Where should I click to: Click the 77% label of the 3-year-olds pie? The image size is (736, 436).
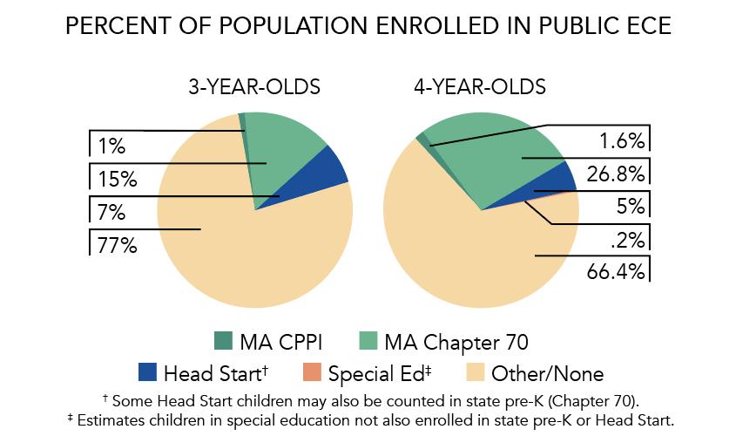117,245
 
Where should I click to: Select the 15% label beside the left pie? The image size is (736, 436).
117,180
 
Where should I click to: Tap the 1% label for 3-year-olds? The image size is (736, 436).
111,147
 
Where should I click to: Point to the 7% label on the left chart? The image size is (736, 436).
111,212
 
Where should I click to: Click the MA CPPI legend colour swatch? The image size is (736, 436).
222,340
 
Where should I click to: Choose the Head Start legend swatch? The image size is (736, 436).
147,373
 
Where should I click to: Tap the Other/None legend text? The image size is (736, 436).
547,374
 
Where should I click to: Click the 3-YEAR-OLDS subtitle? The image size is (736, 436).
254,87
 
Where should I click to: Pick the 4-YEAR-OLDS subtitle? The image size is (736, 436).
480,87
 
